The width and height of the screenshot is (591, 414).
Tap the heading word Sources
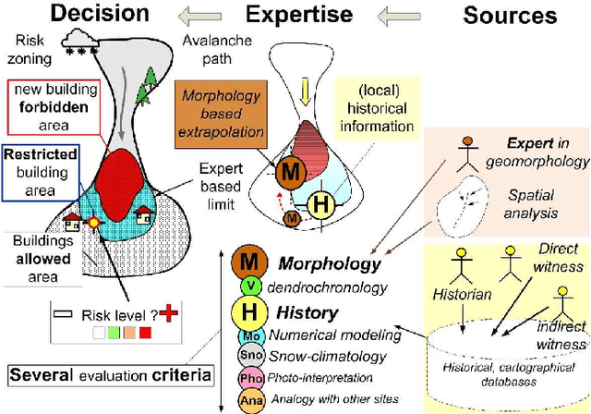coord(510,16)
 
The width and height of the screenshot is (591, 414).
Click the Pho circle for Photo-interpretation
coord(248,378)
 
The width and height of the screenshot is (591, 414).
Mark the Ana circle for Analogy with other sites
coord(248,399)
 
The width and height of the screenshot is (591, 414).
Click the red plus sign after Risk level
coord(166,314)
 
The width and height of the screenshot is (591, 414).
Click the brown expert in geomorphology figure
coord(469,151)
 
